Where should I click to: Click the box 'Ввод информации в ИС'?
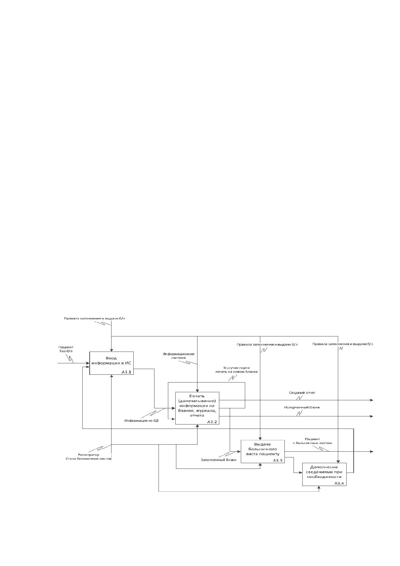(x=112, y=363)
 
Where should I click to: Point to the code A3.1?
(x=126, y=372)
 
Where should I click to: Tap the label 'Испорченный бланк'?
(x=302, y=407)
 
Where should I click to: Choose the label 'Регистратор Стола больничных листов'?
(x=88, y=456)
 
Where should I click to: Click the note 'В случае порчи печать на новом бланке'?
(x=236, y=370)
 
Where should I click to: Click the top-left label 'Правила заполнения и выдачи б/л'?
(x=94, y=318)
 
